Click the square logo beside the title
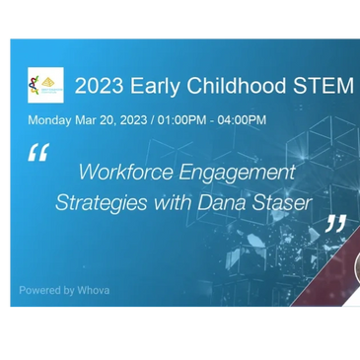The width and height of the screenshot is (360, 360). (x=45, y=85)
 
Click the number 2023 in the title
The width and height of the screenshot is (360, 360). (x=100, y=86)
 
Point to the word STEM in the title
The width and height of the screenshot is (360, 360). (x=324, y=86)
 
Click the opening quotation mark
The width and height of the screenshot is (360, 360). (x=37, y=153)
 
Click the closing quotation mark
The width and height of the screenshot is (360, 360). (x=335, y=224)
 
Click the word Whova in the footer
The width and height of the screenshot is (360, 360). (x=93, y=290)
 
